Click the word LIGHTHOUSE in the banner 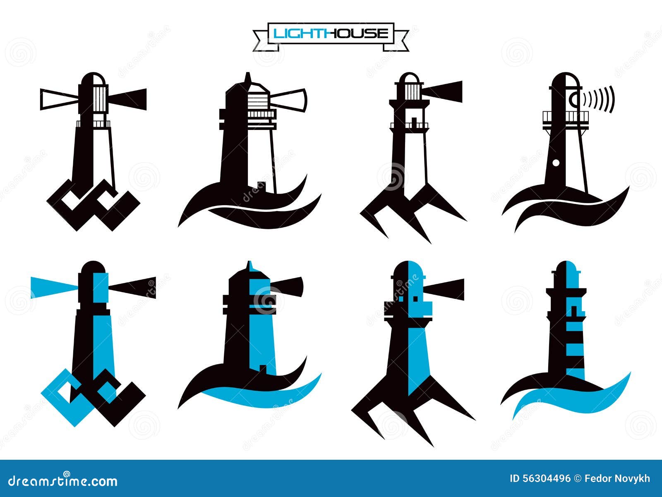point(331,33)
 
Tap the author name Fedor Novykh point(617,479)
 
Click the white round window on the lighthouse point(556,163)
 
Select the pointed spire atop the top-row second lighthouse point(248,77)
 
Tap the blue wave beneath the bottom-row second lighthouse point(265,393)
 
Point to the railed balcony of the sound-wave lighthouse point(565,117)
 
